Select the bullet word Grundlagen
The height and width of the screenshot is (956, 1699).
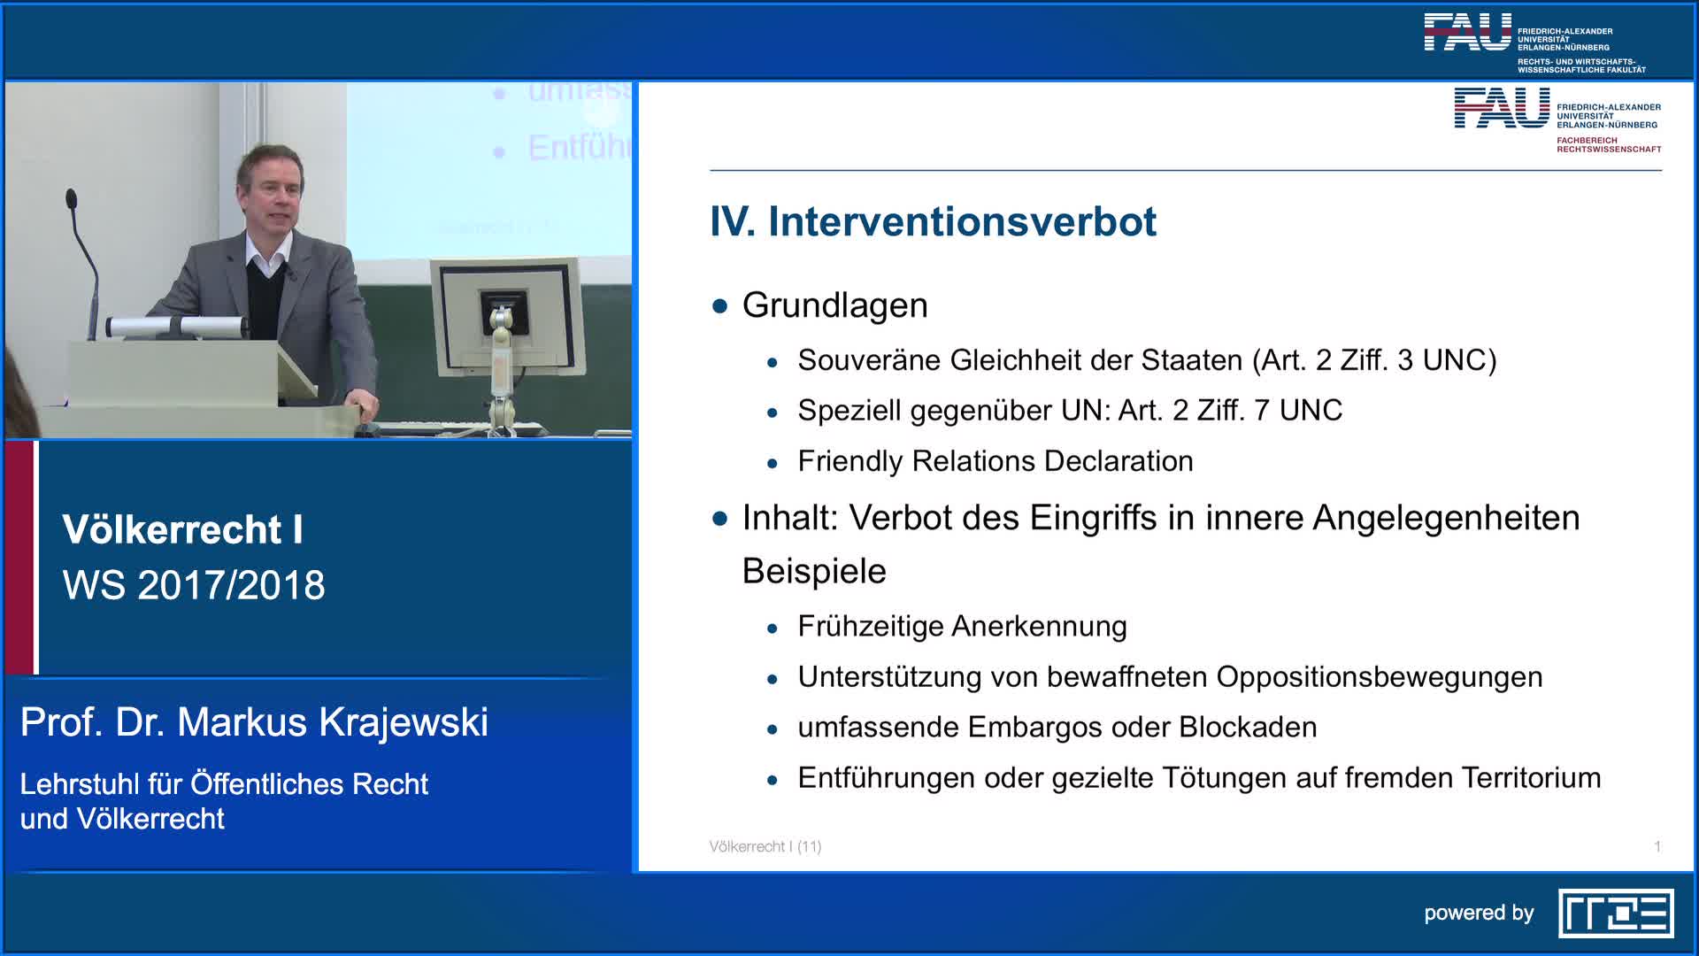tap(834, 305)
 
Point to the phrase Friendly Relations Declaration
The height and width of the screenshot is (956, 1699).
tap(995, 461)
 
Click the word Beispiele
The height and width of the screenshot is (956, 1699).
tap(813, 571)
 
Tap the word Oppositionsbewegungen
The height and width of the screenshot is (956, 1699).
tap(1379, 677)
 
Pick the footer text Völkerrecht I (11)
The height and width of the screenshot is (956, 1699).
tap(765, 847)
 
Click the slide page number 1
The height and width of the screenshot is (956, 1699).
tap(1657, 847)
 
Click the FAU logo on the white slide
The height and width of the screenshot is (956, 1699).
tap(1501, 109)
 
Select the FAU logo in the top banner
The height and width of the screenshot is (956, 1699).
tap(1467, 33)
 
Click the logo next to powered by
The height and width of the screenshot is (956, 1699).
tap(1615, 914)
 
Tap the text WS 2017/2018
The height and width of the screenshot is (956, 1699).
tap(194, 585)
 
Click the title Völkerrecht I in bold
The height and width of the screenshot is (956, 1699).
tap(182, 530)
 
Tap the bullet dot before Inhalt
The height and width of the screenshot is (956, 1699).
tap(719, 519)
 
